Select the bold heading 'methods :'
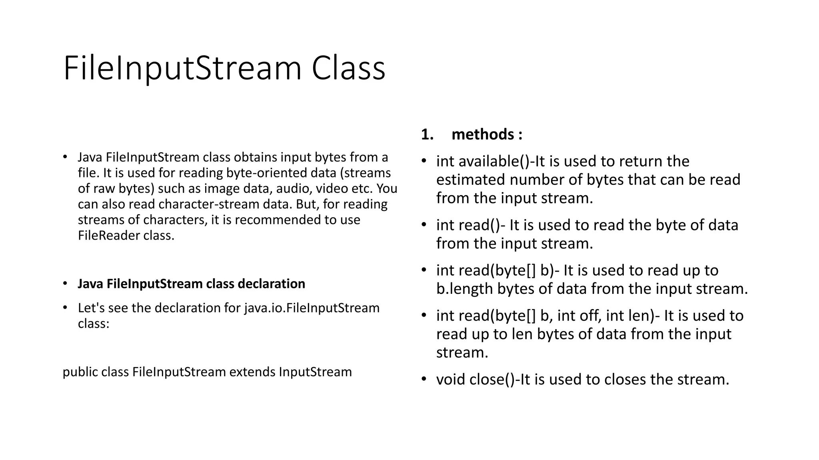pos(487,135)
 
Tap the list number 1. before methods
pos(427,135)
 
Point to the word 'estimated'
pos(470,180)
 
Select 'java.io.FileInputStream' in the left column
pos(312,308)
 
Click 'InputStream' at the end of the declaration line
pos(315,372)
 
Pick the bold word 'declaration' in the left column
pos(271,284)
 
